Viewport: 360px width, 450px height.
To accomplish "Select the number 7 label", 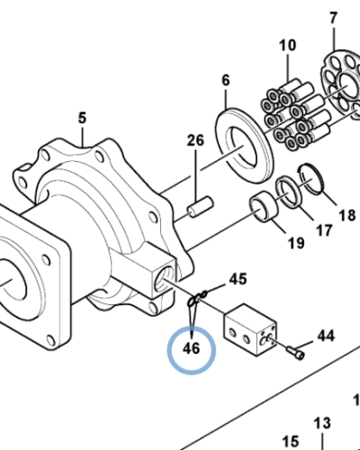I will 332,17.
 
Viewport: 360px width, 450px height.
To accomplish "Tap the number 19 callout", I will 296,242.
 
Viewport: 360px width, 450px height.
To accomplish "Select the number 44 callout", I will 324,337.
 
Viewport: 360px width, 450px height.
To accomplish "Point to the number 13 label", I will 322,423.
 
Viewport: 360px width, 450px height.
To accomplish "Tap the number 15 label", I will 290,441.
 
